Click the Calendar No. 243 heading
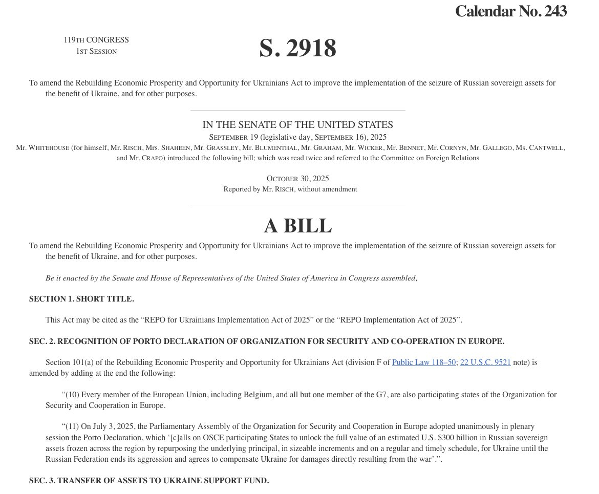(x=510, y=11)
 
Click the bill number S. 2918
(x=297, y=48)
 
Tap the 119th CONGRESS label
(x=96, y=40)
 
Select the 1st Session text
(x=96, y=51)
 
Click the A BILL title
(x=297, y=226)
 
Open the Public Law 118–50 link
(x=424, y=362)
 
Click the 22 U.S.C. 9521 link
(x=485, y=362)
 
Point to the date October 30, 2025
(x=297, y=179)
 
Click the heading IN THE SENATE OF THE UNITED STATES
(x=297, y=124)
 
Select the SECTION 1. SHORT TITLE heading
(x=81, y=299)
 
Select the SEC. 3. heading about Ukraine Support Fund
(x=149, y=481)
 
